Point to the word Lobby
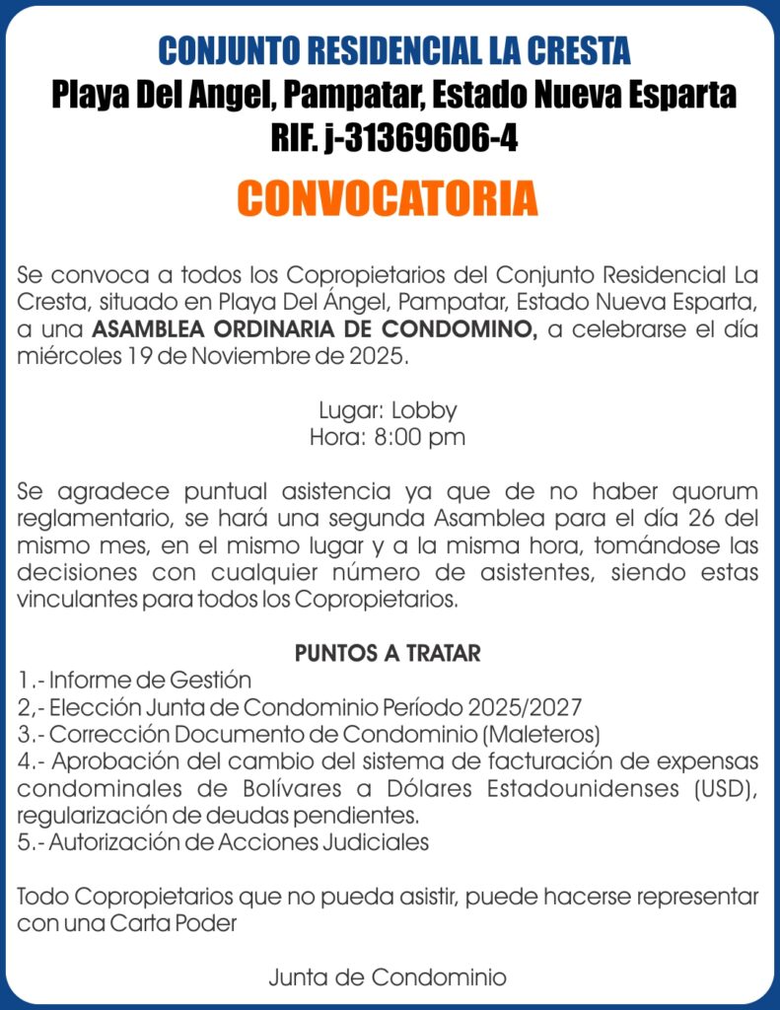[x=424, y=410]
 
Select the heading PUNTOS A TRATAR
[x=388, y=653]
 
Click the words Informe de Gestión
[x=151, y=681]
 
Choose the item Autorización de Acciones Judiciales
[x=239, y=843]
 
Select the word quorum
[x=716, y=491]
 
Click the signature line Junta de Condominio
[x=388, y=978]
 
